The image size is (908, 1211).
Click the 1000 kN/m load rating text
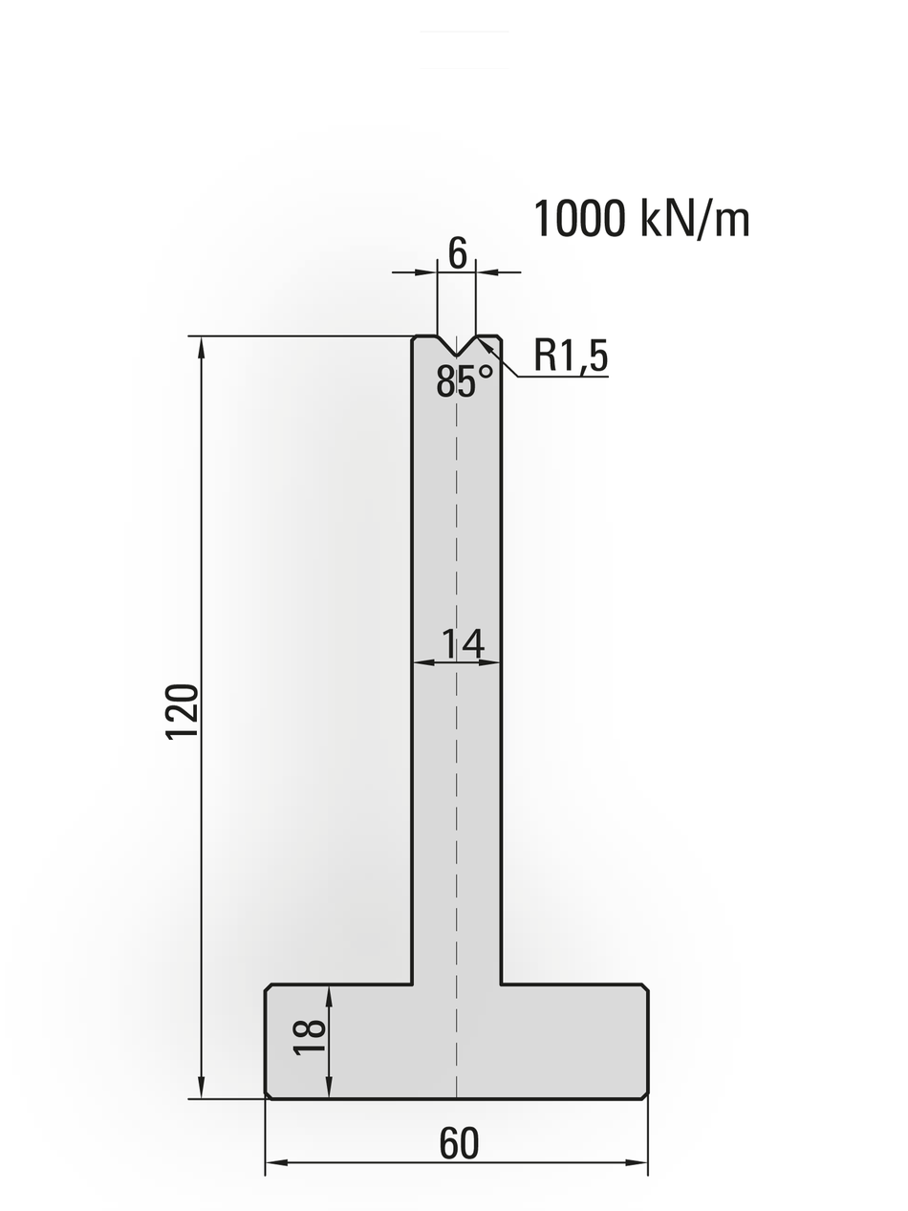click(x=641, y=219)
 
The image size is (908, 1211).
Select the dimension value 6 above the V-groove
click(x=457, y=253)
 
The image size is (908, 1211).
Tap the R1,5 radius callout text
click(x=571, y=356)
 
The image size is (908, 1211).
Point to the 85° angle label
click(x=465, y=382)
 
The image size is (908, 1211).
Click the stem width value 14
click(x=463, y=644)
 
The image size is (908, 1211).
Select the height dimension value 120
click(x=183, y=711)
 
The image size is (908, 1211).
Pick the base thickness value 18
click(x=311, y=1037)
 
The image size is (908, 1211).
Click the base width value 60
click(x=459, y=1144)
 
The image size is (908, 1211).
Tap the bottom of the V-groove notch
click(x=457, y=356)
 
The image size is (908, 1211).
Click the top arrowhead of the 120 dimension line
click(x=202, y=346)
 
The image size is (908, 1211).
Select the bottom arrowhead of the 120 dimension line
click(x=202, y=1089)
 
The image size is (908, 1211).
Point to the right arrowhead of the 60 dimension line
click(x=637, y=1162)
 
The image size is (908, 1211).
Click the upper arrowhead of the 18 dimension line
click(x=329, y=996)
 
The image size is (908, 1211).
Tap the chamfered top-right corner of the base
click(x=645, y=987)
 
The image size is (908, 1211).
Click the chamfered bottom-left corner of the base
click(x=269, y=1095)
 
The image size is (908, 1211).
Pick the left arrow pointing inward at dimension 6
click(x=426, y=272)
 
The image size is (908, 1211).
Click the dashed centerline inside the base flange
click(x=457, y=1042)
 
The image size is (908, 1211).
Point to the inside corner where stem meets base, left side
click(x=412, y=984)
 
